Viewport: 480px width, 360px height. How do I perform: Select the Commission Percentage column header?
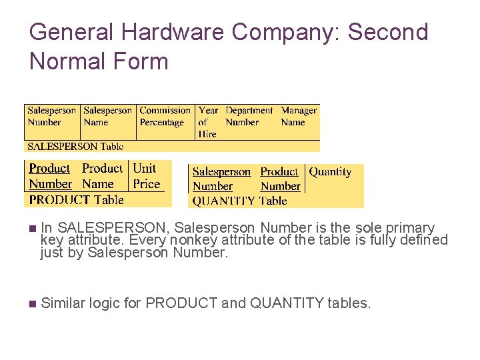coord(165,117)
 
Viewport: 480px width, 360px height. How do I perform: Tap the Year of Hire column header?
coord(208,122)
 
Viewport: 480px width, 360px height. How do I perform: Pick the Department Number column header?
coord(249,117)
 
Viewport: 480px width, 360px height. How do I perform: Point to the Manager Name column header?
coord(298,117)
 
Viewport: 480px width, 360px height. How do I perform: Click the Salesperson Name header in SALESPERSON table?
coord(108,117)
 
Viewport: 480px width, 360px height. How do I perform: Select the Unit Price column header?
coord(146,176)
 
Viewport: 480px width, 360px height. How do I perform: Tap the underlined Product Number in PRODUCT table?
coord(50,176)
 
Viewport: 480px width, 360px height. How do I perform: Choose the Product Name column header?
coord(102,176)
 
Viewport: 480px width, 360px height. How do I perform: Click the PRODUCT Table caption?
coord(76,199)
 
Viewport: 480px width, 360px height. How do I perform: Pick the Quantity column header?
coord(330,172)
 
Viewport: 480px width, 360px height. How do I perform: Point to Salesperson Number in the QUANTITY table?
coord(221,179)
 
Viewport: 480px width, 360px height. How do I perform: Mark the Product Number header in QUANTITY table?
coord(279,179)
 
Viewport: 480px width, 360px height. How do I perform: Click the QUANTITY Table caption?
coord(239,201)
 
